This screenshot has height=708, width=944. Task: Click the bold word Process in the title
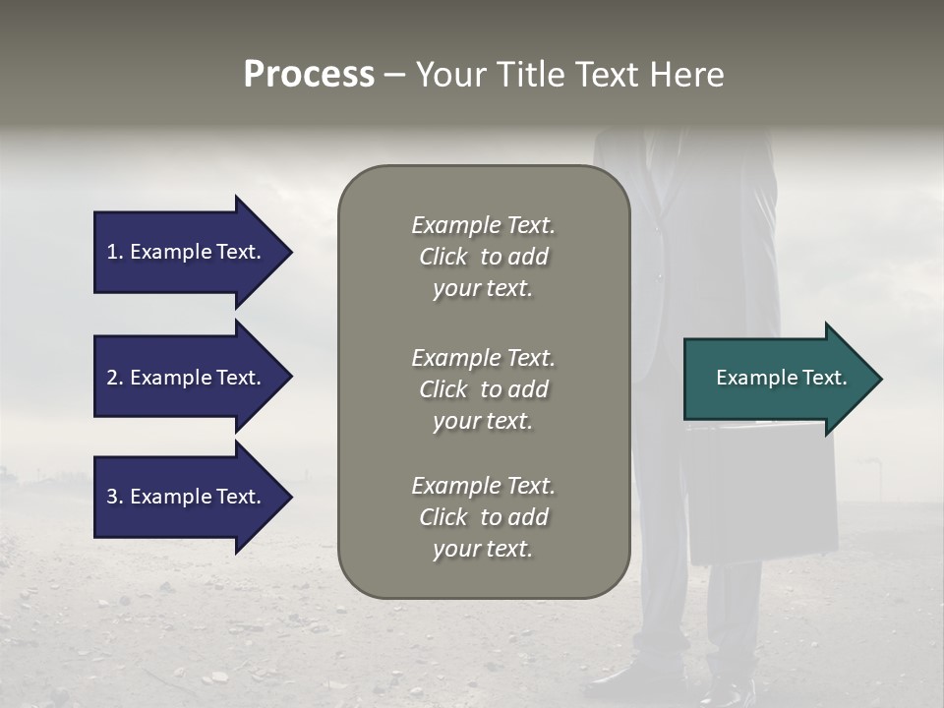[x=309, y=75]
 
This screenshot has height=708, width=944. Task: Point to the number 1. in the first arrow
[x=115, y=252]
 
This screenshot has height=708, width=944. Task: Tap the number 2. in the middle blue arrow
[x=115, y=378]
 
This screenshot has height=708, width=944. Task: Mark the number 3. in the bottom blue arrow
[x=115, y=497]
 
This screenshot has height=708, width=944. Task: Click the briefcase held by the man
[x=762, y=492]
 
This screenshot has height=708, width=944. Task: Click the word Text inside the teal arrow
[x=825, y=378]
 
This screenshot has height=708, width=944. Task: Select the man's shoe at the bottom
[x=629, y=678]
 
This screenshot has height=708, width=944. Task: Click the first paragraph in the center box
[x=483, y=257]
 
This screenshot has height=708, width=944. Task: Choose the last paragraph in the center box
[x=483, y=517]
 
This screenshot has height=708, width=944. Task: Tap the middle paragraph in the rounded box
[x=483, y=389]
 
